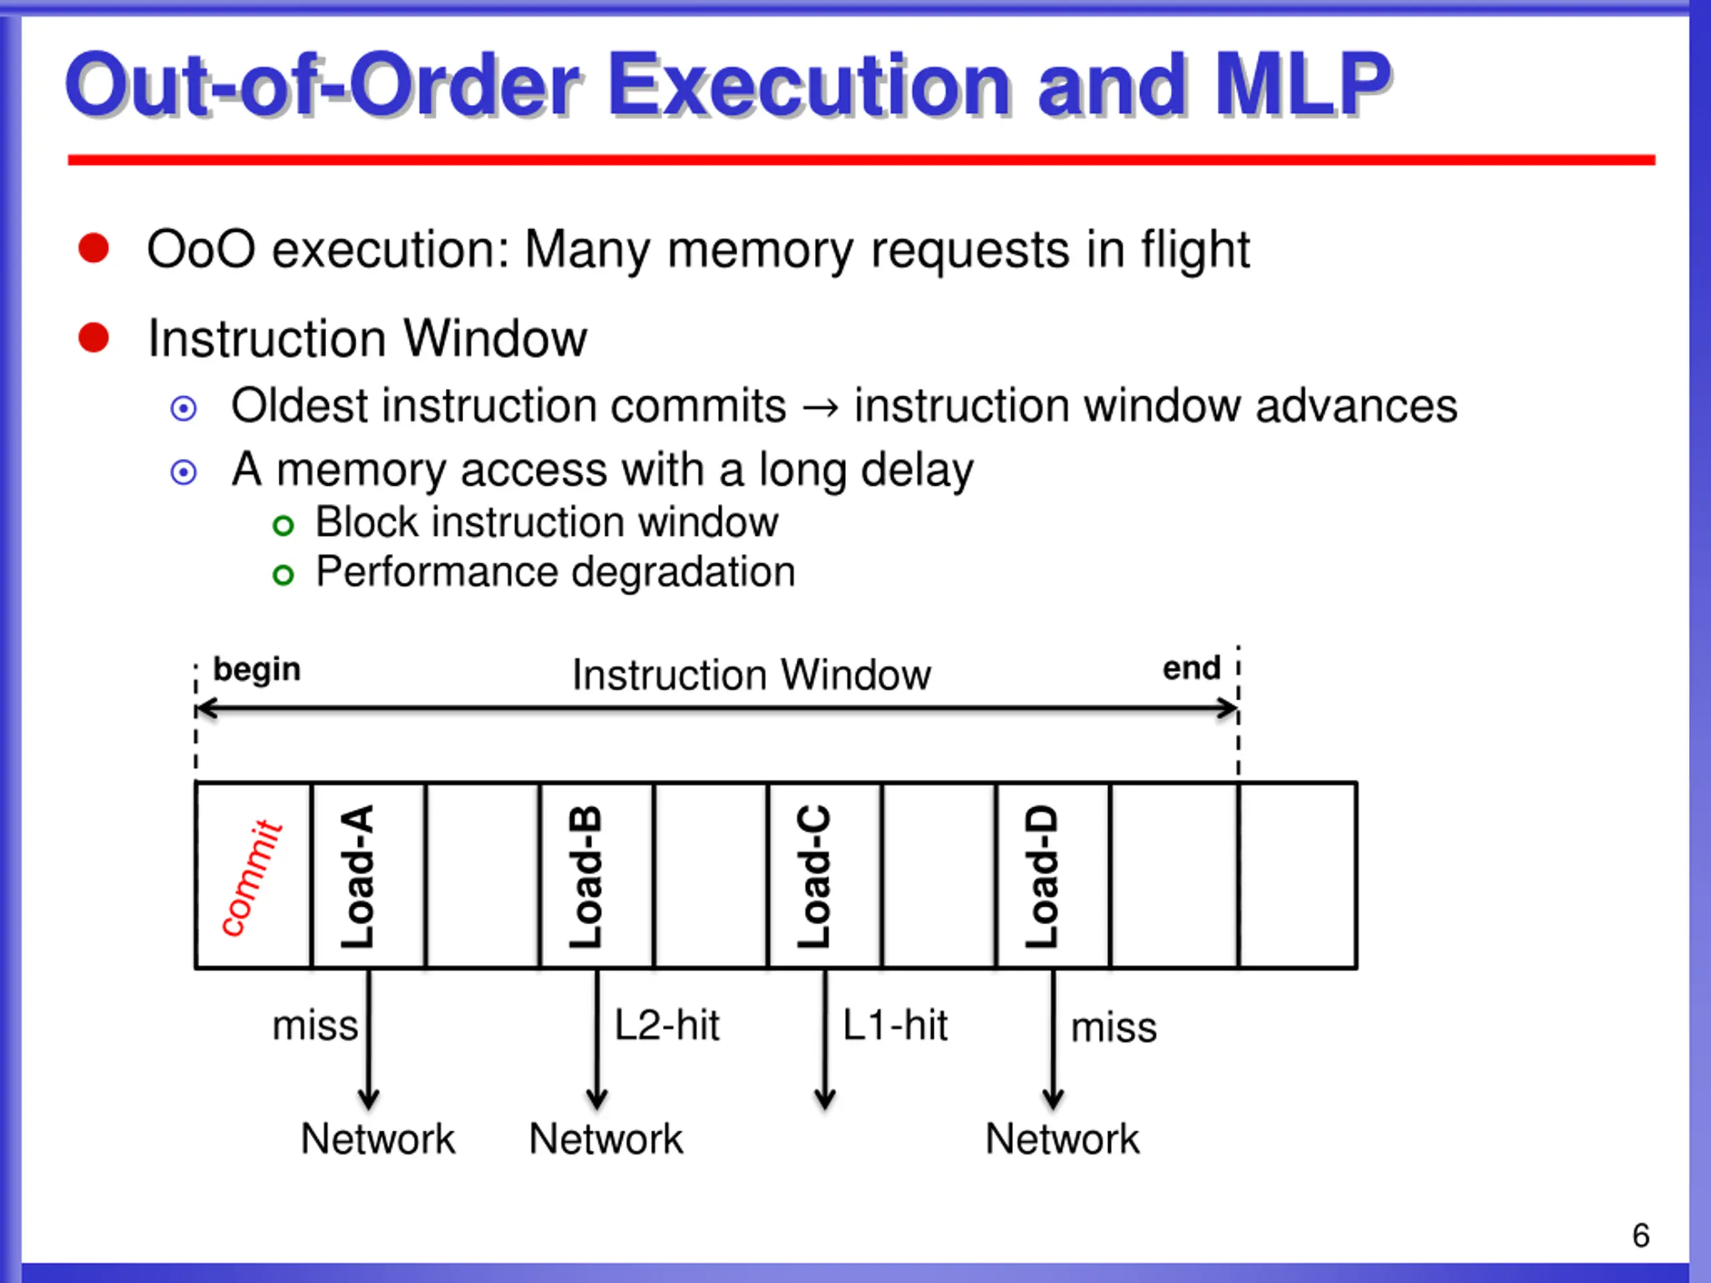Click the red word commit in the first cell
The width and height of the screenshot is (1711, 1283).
[251, 878]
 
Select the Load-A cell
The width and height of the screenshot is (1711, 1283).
[368, 875]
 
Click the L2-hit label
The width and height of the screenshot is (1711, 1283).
[667, 1026]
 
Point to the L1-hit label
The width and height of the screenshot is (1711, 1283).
[895, 1026]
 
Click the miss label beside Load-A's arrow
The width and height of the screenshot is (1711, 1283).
[315, 1026]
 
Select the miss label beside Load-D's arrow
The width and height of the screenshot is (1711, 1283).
[1113, 1028]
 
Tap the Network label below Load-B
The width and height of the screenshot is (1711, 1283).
[606, 1139]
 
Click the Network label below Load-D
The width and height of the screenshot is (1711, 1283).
[1062, 1139]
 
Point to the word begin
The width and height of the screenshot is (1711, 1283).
[257, 670]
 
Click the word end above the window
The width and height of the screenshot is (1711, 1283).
[1191, 668]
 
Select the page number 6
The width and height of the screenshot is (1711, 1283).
[1641, 1236]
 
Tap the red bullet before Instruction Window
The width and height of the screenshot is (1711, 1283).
[94, 337]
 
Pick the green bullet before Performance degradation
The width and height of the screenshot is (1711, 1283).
[283, 575]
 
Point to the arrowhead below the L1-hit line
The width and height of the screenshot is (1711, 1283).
[825, 1098]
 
